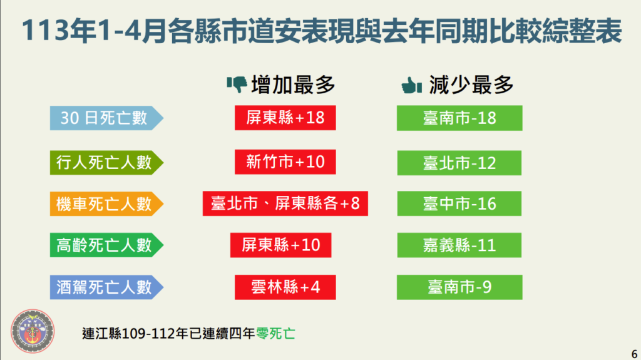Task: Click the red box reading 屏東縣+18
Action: coord(285,118)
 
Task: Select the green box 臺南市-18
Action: coord(459,118)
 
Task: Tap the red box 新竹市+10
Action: coord(285,162)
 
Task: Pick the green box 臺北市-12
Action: coord(459,163)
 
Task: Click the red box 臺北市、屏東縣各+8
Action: coord(285,203)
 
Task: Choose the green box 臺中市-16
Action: coord(459,203)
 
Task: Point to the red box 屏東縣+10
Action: coord(281,245)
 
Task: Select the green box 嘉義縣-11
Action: coord(459,245)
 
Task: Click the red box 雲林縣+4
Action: coord(285,287)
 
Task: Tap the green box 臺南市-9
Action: coord(459,287)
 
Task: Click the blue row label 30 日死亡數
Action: coord(106,118)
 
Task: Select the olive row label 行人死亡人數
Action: coord(106,162)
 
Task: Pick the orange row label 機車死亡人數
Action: coord(106,203)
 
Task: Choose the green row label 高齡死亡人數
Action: coord(106,245)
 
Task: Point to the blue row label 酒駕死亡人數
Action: coord(106,287)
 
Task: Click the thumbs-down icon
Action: coord(237,85)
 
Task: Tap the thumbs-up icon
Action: coord(412,85)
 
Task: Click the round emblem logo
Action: coord(33,331)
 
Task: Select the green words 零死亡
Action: coord(275,334)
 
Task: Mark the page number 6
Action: coord(635,354)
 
